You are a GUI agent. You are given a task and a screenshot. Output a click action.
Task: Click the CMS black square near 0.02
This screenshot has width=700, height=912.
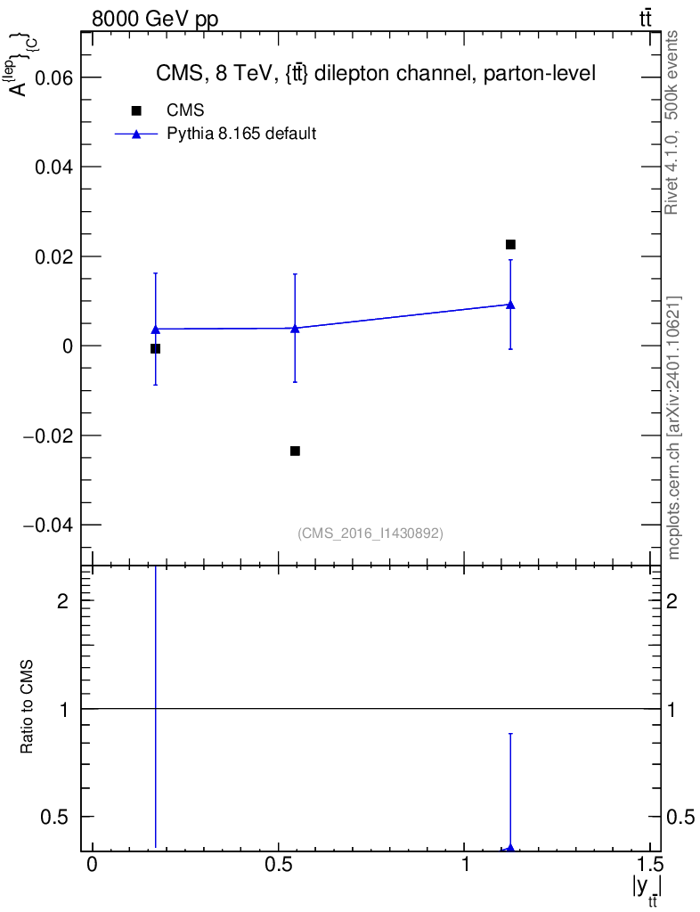[x=510, y=244]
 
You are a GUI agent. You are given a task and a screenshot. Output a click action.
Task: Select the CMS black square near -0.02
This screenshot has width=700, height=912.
[x=295, y=451]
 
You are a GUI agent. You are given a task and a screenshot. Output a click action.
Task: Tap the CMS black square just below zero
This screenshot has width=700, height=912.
[x=155, y=348]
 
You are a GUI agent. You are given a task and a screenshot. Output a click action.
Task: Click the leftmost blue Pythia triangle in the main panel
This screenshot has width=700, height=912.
[x=155, y=330]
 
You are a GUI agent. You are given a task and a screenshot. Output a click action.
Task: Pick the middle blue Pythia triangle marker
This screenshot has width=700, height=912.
[x=295, y=328]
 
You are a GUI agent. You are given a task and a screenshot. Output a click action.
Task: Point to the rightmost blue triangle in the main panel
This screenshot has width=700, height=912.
[x=510, y=304]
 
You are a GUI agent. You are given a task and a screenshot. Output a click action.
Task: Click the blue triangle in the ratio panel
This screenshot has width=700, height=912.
[x=510, y=849]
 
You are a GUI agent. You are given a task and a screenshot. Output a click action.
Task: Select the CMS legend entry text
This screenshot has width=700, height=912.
[x=186, y=110]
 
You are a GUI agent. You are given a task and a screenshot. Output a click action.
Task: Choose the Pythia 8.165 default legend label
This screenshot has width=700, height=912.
[x=242, y=134]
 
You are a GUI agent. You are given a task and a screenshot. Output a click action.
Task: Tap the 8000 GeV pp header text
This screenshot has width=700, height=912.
[x=155, y=20]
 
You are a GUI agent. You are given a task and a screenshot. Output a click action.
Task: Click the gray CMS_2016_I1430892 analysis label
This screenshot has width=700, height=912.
[x=370, y=533]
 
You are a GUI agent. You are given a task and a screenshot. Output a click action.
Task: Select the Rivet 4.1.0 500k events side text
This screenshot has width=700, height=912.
[x=672, y=122]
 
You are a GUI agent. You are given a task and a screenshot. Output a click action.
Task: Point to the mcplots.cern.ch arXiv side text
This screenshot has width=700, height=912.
[x=674, y=427]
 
